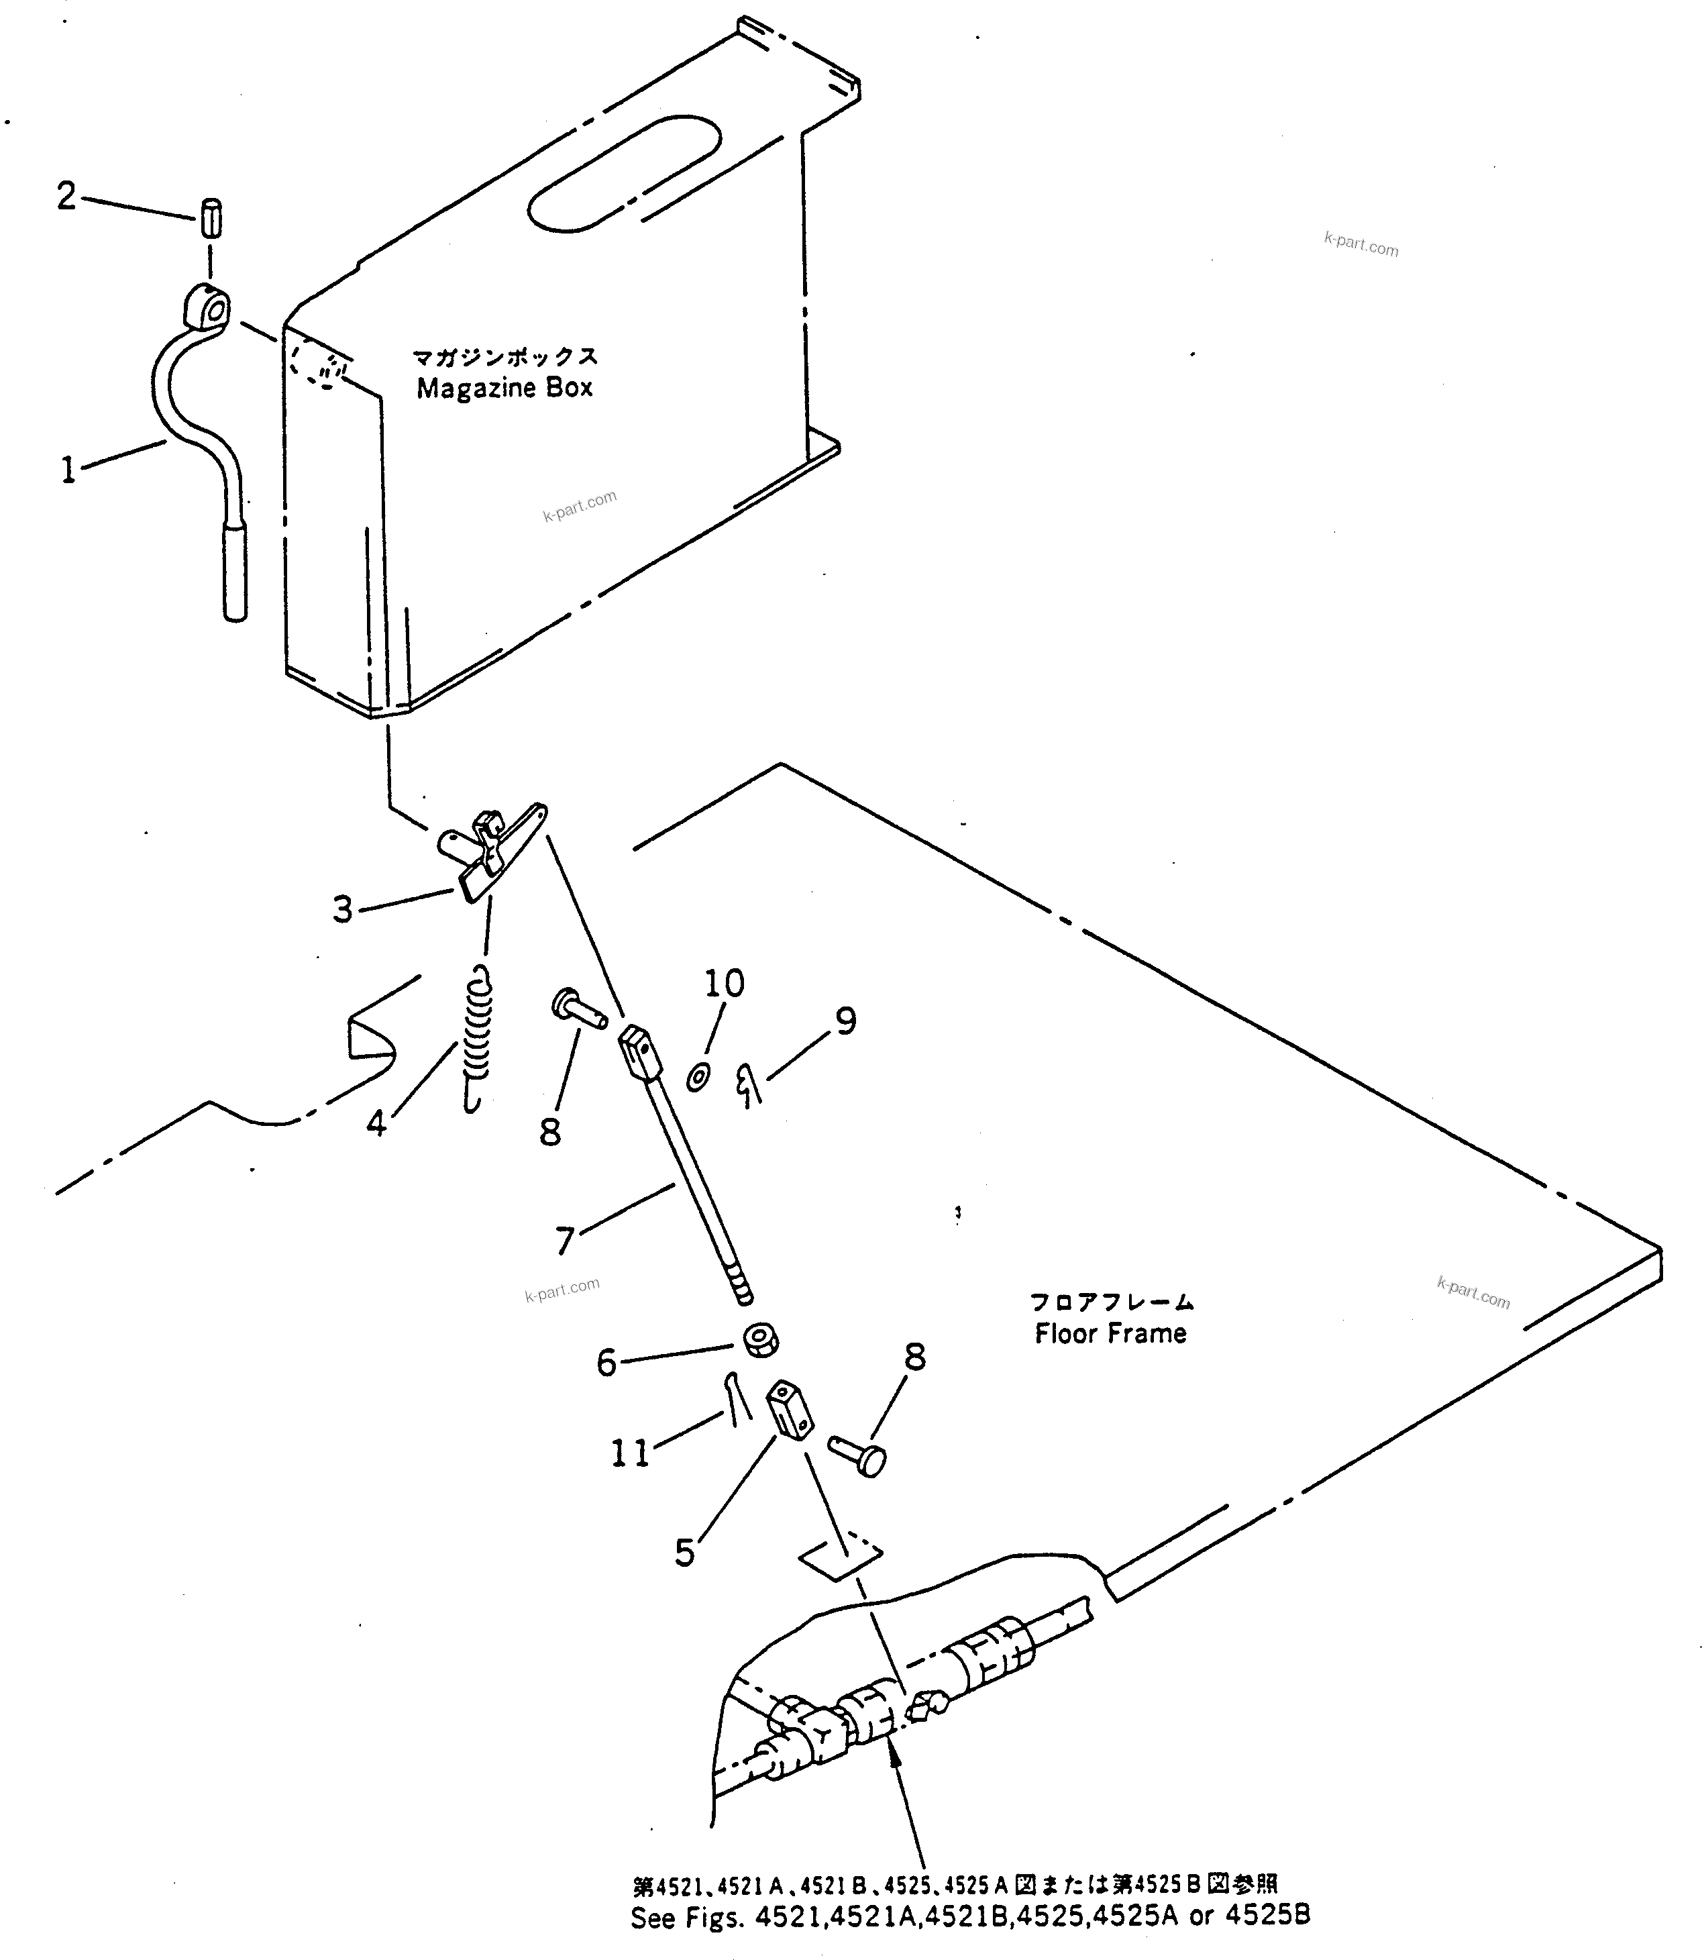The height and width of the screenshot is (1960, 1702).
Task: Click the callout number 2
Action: pos(66,196)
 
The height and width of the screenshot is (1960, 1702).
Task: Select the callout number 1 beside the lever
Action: pos(68,469)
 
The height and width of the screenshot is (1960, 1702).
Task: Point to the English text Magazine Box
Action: pos(504,388)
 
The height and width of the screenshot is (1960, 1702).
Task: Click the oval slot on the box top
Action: pos(623,173)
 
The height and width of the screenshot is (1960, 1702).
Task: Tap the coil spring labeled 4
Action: pos(478,1040)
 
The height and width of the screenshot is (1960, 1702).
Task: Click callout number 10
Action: pos(724,982)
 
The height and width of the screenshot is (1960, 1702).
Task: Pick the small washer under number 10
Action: pos(698,1078)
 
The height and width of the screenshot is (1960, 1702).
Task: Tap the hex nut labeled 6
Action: pos(760,1341)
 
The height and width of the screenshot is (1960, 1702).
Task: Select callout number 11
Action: pos(630,1453)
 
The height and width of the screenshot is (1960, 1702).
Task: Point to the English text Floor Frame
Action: pos(1110,1334)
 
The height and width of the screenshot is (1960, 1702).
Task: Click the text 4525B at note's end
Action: pos(1267,1915)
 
